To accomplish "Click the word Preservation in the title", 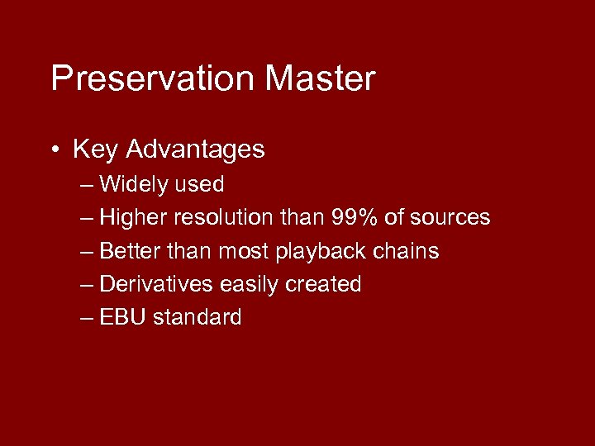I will (153, 78).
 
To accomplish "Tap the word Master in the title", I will (320, 78).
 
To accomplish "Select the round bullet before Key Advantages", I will (54, 150).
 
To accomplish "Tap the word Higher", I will (134, 218).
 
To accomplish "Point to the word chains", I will (410, 251).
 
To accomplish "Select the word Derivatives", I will (156, 284).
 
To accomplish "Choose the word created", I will (323, 284).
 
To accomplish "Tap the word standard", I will (198, 317).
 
